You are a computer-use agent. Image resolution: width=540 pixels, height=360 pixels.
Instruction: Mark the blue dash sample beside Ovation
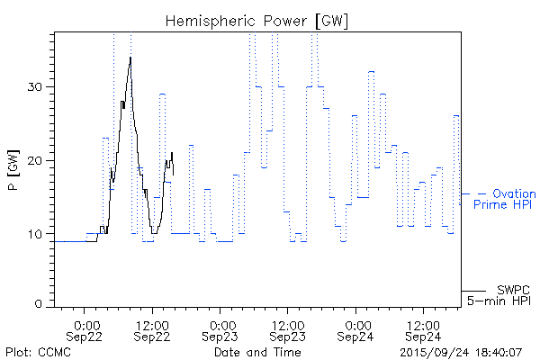point(481,193)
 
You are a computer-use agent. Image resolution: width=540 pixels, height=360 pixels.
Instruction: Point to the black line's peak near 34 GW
point(130,58)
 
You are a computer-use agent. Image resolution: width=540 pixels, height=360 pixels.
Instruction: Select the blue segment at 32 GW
point(371,71)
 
